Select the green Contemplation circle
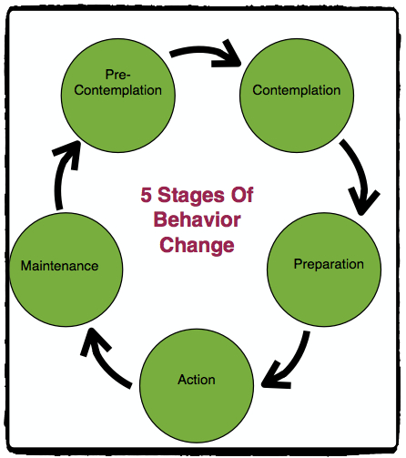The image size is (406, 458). (x=296, y=90)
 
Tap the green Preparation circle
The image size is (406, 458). (x=329, y=265)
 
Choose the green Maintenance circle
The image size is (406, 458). (x=59, y=266)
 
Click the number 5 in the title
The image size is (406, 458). (x=147, y=195)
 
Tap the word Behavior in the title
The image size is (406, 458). (x=197, y=219)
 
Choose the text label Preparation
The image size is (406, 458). (x=329, y=265)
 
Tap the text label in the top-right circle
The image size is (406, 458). (x=296, y=90)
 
